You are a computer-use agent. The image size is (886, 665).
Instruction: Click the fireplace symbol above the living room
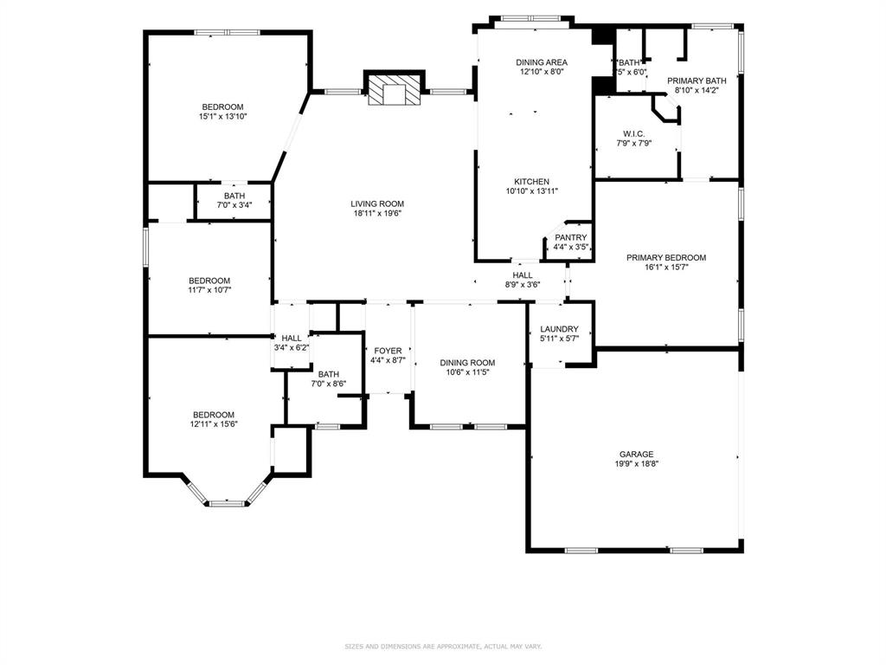(394, 89)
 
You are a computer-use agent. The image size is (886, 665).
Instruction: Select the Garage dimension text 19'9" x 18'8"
(635, 464)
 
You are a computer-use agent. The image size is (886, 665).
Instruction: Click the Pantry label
(570, 237)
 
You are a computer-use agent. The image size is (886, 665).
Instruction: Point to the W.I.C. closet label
(633, 133)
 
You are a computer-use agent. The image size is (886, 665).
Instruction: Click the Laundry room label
(558, 329)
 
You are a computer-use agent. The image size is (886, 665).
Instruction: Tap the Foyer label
(387, 351)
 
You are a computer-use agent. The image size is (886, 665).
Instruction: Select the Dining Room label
(467, 363)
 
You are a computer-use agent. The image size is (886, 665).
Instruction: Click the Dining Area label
(542, 62)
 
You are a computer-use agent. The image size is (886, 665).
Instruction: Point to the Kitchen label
(531, 182)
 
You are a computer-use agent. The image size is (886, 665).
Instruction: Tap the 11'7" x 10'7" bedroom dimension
(209, 290)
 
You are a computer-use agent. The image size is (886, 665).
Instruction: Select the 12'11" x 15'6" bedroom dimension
(213, 424)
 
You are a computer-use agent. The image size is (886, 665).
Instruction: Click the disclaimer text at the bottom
(442, 646)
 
